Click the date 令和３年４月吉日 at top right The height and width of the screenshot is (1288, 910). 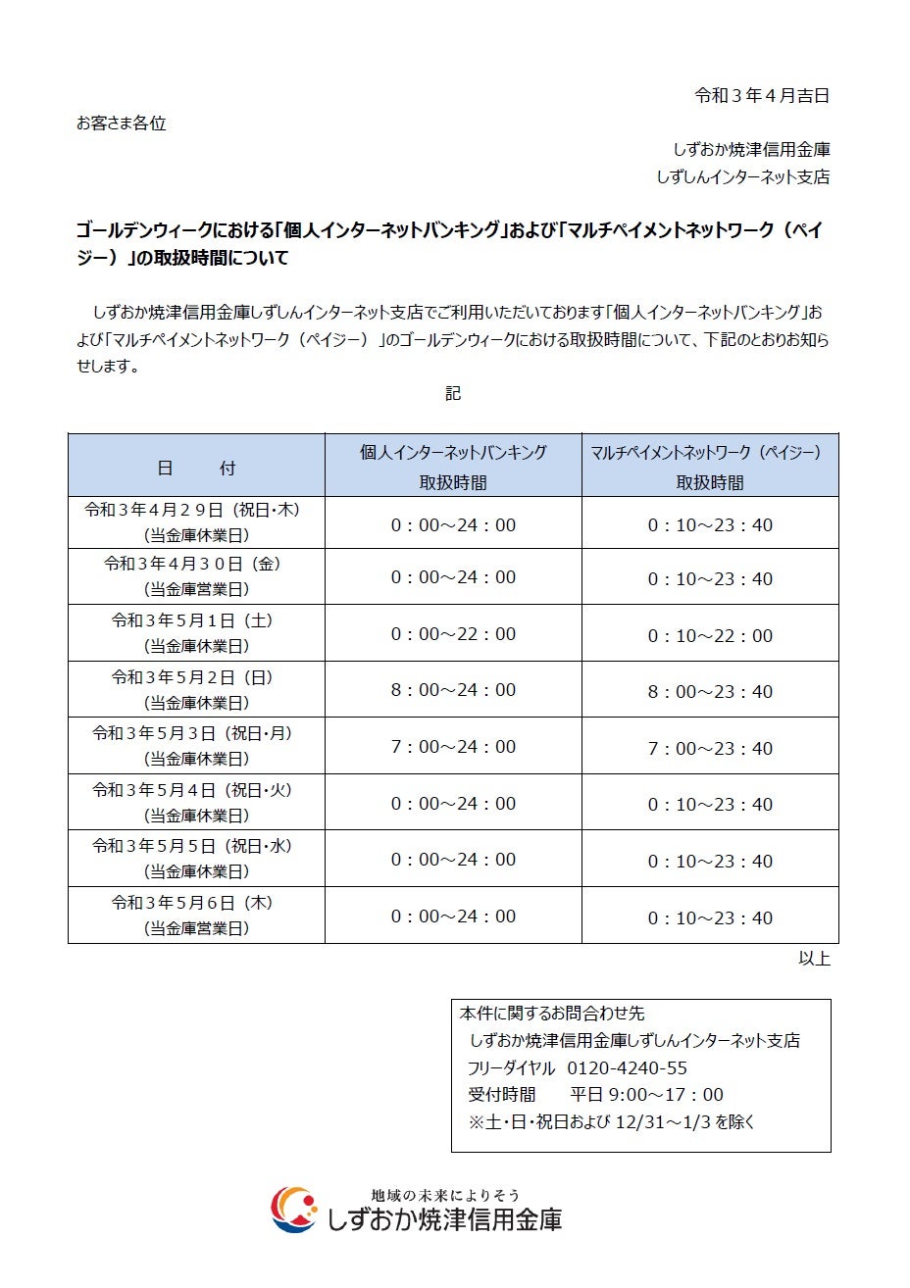click(762, 96)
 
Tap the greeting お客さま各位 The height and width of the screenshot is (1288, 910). click(122, 124)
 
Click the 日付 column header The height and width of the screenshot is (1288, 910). click(196, 468)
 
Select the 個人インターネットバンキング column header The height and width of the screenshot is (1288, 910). click(453, 466)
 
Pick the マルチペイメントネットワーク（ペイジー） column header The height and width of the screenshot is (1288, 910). click(710, 466)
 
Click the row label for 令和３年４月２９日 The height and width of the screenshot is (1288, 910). click(196, 522)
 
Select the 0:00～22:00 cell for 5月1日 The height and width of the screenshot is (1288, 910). click(453, 634)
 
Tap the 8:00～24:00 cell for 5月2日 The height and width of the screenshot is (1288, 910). click(453, 690)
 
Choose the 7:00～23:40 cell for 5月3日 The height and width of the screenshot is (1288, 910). click(710, 748)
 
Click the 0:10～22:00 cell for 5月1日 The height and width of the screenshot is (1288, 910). click(710, 635)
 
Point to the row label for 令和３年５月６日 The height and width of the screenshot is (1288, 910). click(196, 915)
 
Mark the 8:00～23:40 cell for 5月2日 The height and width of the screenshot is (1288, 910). click(710, 692)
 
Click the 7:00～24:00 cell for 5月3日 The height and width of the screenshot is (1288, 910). click(453, 747)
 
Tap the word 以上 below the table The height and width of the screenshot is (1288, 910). click(814, 959)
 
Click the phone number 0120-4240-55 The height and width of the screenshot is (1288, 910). click(628, 1067)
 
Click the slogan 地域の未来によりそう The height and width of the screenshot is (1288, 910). click(445, 1196)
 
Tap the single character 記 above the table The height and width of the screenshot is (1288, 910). click(453, 394)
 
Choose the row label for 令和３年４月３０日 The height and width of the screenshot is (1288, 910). click(196, 576)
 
